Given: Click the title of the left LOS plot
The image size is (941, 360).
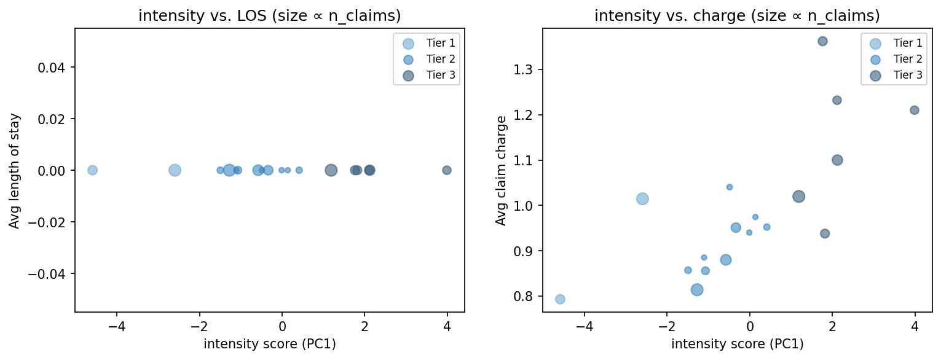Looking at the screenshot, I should tap(269, 16).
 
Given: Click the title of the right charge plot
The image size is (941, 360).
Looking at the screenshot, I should tap(737, 16).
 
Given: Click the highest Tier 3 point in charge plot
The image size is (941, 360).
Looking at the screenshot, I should tap(822, 41).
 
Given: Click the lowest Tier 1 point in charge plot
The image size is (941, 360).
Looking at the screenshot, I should tap(560, 299).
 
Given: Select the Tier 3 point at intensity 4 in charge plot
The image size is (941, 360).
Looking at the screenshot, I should tap(914, 110).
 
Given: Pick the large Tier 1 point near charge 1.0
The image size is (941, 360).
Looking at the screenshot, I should tap(642, 198).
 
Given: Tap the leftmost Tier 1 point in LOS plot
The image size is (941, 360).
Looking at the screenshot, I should tap(92, 170).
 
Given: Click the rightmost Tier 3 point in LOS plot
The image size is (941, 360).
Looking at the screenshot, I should tap(447, 170).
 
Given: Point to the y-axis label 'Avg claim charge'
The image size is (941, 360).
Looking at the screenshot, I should tap(502, 170).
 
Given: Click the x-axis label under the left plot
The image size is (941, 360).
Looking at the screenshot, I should tap(269, 344).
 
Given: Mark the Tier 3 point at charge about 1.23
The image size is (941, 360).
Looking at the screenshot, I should tap(837, 100).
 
